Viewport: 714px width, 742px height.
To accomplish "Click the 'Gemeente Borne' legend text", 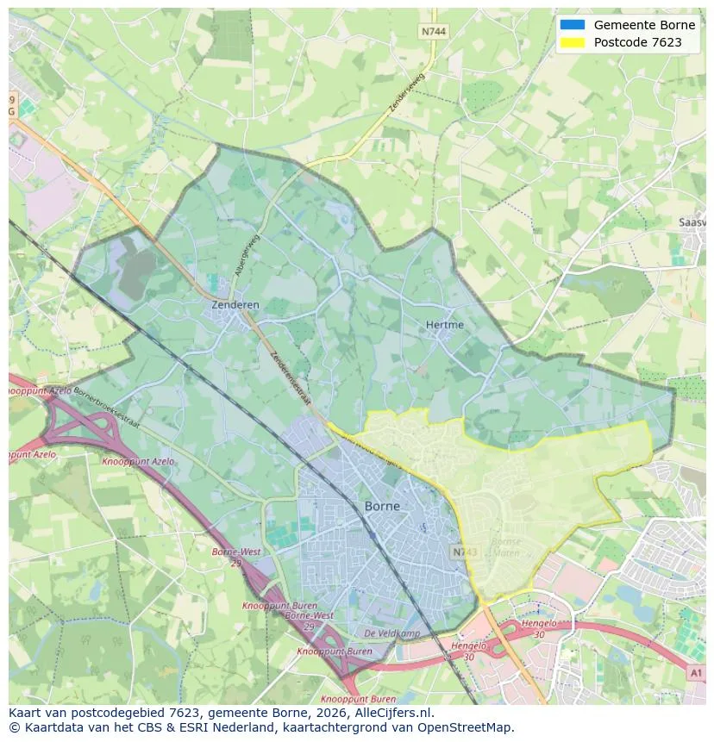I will (x=644, y=25).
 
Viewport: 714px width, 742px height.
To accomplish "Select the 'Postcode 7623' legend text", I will (x=637, y=42).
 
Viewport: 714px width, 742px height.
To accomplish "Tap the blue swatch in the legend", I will (x=572, y=25).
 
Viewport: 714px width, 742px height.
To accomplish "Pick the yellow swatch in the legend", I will (x=572, y=42).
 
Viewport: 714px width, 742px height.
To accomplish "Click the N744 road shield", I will (x=434, y=31).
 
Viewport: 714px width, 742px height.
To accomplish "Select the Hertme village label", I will (x=444, y=325).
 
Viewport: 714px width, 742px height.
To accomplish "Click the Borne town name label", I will (x=382, y=506).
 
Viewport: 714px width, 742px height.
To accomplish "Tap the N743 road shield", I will (x=464, y=551).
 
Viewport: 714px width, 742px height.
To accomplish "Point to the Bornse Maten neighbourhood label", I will (x=505, y=547).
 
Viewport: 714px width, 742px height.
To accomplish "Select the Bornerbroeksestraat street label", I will (x=108, y=404).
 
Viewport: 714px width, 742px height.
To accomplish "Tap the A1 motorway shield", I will (x=696, y=671).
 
